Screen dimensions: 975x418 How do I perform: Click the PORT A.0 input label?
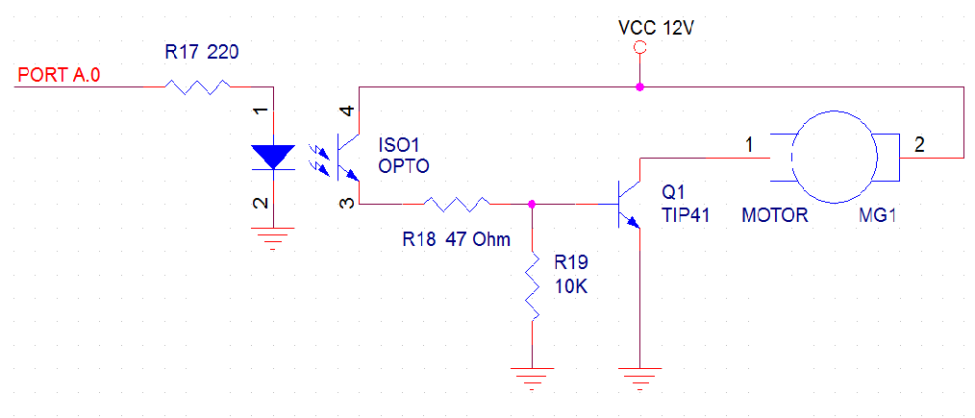(x=59, y=76)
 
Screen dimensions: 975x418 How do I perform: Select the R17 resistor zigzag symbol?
(x=198, y=86)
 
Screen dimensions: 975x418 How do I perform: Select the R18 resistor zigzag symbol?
(x=456, y=204)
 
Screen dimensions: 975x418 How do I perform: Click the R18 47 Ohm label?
(x=457, y=239)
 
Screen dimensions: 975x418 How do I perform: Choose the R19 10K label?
(x=571, y=276)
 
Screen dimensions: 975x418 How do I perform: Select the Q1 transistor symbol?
(x=628, y=204)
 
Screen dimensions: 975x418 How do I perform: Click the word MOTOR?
(x=775, y=216)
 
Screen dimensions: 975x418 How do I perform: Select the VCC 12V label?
(x=656, y=29)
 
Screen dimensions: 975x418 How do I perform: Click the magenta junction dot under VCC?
(x=639, y=86)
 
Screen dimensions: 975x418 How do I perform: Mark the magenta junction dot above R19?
(x=532, y=204)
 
